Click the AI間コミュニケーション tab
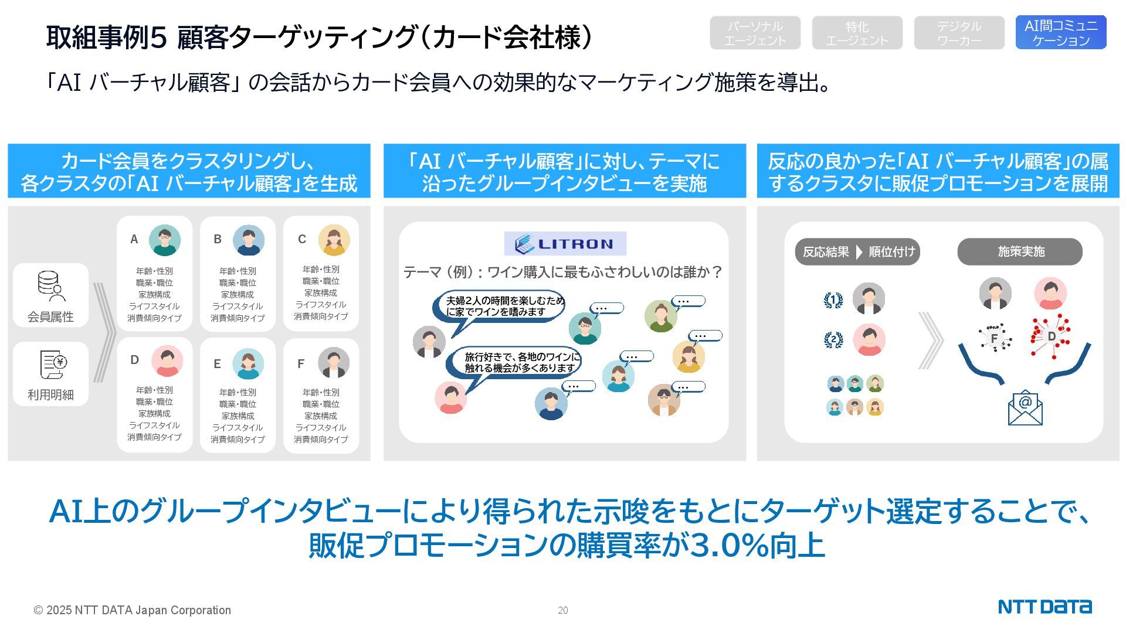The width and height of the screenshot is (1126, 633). coord(1060,33)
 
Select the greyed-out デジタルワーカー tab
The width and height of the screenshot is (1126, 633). coord(959,33)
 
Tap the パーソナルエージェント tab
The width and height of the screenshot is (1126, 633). coord(755,33)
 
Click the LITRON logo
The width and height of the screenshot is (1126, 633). coord(565,244)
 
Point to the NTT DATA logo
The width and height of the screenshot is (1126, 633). coord(1044,607)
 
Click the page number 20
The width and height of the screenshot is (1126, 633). coord(562,610)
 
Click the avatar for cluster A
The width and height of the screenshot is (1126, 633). coord(164,240)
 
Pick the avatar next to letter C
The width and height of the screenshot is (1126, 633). coord(334,240)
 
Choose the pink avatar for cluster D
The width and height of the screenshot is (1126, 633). coord(167,361)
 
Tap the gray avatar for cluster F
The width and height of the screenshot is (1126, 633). coord(334,363)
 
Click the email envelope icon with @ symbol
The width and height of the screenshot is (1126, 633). coord(1025,408)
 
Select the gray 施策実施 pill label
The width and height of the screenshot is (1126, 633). coord(1020,251)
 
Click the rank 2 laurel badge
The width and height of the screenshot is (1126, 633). coord(833,339)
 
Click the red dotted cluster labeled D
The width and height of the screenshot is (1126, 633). coord(1050,336)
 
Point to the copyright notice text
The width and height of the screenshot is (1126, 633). coord(133,610)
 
